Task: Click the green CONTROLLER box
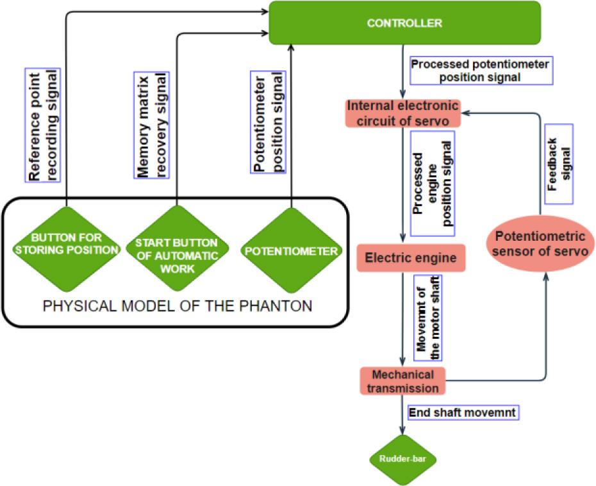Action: click(x=404, y=23)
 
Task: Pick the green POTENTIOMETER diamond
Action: click(x=291, y=251)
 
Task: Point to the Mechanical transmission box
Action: click(x=402, y=380)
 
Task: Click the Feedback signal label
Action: click(x=558, y=164)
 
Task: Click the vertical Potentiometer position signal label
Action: click(x=267, y=131)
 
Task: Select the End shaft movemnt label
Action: click(x=462, y=412)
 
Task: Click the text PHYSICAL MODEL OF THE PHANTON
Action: click(x=178, y=306)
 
